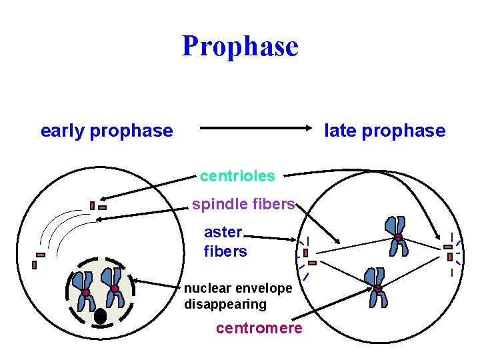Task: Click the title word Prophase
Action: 240,46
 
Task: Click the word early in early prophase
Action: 62,131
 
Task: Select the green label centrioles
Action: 237,176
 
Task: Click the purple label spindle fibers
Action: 243,204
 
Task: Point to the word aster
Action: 223,232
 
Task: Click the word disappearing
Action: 225,304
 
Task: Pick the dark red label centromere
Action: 259,328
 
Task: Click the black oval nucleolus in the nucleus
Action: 101,316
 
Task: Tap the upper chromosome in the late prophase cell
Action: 397,236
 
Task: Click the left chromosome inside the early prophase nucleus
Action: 85,291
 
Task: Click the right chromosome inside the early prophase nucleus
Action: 114,287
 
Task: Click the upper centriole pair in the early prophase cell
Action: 97,206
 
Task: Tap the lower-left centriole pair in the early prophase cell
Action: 37,259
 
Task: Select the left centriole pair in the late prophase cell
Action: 308,257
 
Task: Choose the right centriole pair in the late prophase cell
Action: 449,251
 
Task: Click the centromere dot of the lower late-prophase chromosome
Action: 377,289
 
